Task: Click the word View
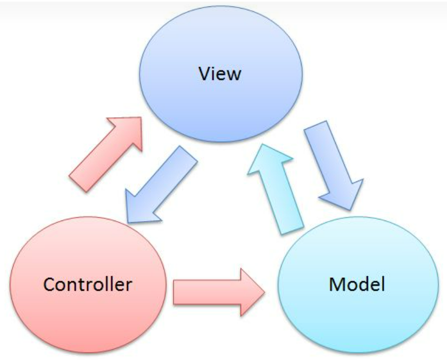pos(219,74)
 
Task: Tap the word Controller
pos(87,284)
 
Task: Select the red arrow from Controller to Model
pos(216,292)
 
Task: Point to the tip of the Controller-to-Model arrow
pos(264,292)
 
